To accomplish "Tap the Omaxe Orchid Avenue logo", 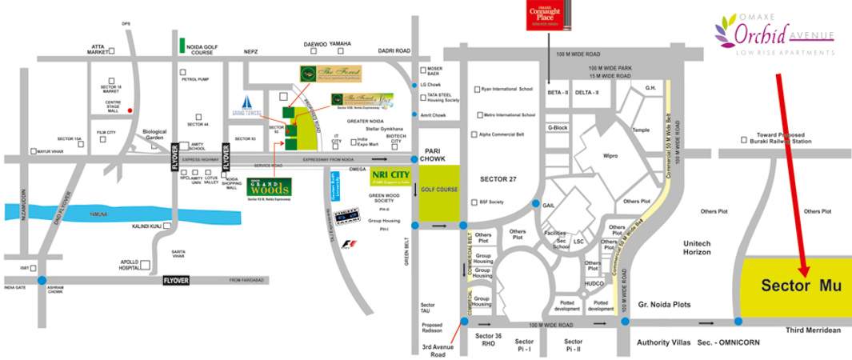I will pyautogui.click(x=774, y=37).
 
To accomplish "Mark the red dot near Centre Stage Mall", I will pyautogui.click(x=130, y=110).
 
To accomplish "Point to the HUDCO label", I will pyautogui.click(x=594, y=283).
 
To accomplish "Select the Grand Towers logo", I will pyautogui.click(x=247, y=106).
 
